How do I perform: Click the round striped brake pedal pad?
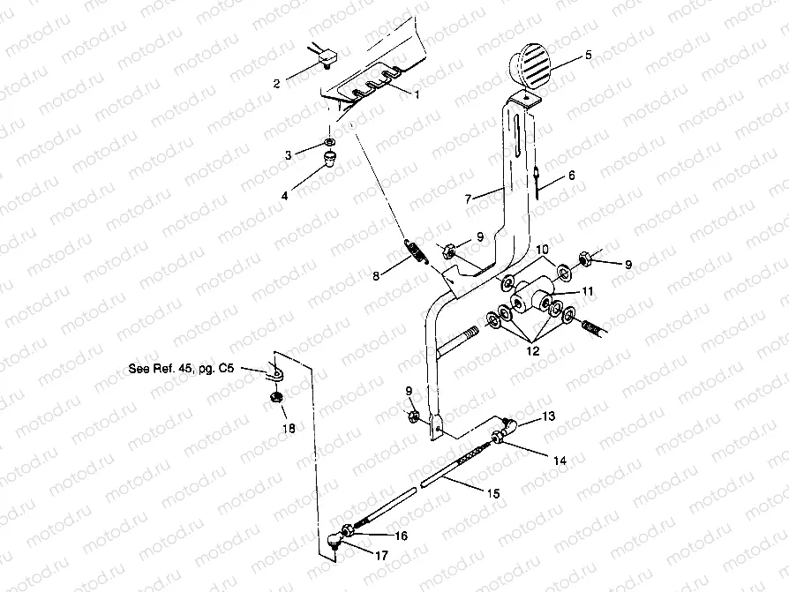(530, 63)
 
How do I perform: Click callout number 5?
(589, 55)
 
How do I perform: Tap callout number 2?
(276, 83)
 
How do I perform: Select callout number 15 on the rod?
(493, 493)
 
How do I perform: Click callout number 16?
(402, 536)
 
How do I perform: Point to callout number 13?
(548, 415)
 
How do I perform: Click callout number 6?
(571, 176)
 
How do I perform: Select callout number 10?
(541, 251)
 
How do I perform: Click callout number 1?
(417, 93)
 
